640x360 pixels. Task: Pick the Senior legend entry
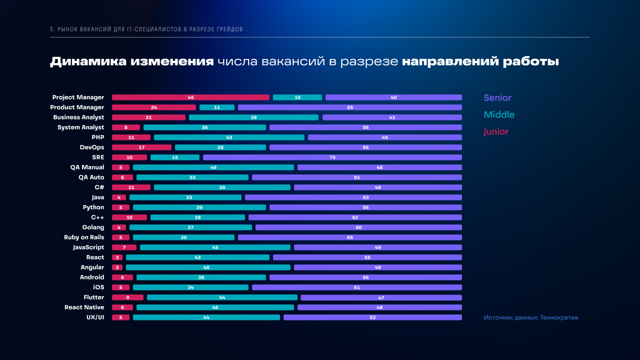click(497, 98)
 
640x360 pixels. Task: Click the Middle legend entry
click(499, 115)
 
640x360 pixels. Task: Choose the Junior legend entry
click(496, 132)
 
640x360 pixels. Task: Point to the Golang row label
click(93, 227)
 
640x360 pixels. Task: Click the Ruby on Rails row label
click(84, 237)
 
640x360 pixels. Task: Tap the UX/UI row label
click(95, 317)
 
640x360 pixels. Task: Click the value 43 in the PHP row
click(229, 137)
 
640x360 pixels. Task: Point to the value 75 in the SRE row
click(332, 157)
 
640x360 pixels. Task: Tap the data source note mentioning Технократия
click(530, 317)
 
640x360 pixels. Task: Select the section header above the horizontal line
click(146, 29)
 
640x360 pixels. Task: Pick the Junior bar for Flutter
click(127, 297)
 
